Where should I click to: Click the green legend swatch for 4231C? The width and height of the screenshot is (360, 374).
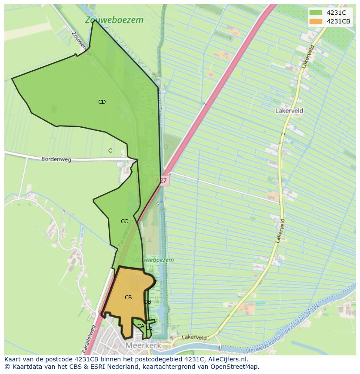[x=316, y=13]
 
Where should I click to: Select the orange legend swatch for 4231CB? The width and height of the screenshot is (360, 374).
[x=316, y=21]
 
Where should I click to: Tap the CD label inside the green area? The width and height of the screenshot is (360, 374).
[x=102, y=102]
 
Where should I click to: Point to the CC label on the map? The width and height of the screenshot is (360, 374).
[x=124, y=222]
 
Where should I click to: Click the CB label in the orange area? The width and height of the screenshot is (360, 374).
[x=128, y=298]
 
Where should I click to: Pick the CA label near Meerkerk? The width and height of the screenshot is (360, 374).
[x=140, y=326]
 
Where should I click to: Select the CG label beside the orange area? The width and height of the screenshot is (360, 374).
[x=147, y=302]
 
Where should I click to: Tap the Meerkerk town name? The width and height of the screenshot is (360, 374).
[x=143, y=346]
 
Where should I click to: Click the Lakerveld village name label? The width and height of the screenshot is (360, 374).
[x=289, y=111]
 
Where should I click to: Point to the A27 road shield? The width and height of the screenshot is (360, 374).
[x=161, y=180]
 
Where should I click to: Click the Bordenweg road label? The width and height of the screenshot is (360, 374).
[x=56, y=159]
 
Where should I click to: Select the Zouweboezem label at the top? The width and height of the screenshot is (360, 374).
[x=114, y=20]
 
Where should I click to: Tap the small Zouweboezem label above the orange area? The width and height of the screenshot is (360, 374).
[x=154, y=260]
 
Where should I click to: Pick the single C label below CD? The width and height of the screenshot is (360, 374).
[x=110, y=151]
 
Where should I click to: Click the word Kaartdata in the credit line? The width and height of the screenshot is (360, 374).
[x=23, y=367]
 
